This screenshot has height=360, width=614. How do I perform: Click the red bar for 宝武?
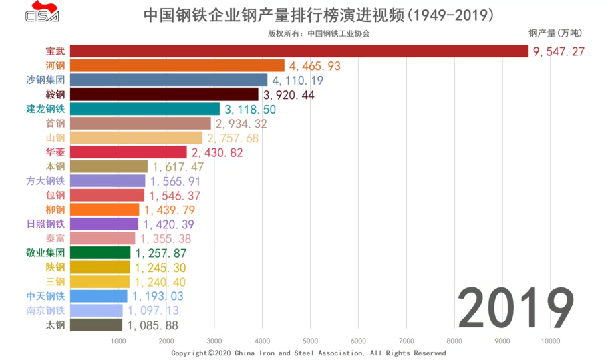click(x=299, y=51)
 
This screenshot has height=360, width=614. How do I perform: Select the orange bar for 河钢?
click(x=177, y=65)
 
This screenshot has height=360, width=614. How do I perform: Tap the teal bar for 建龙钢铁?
click(x=144, y=109)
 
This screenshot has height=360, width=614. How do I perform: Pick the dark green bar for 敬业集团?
click(x=100, y=253)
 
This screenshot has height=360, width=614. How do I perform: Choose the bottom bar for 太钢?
click(x=96, y=325)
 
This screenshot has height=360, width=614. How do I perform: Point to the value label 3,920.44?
click(x=289, y=95)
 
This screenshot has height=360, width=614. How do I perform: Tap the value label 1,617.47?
click(x=178, y=167)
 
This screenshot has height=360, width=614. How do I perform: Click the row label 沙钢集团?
click(x=45, y=80)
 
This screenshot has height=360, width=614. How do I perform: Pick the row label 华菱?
click(x=55, y=152)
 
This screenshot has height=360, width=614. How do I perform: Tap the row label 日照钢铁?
click(x=45, y=224)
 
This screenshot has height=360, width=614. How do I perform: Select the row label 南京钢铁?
click(x=45, y=311)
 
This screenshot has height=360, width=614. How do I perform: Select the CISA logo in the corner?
click(x=42, y=14)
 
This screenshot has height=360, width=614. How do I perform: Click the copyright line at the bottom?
click(x=308, y=353)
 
